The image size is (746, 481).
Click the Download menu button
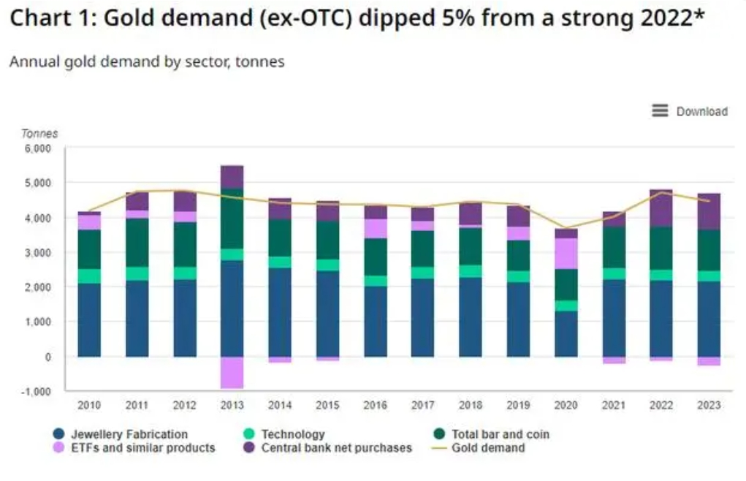690,111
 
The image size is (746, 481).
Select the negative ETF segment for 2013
232,372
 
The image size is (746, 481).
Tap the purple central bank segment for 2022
661,208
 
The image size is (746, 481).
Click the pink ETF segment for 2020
566,253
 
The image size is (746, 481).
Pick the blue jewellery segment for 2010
90,319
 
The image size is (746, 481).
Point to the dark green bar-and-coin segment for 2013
232,219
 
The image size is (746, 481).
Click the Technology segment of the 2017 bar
422,273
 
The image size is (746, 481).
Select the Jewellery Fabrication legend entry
121,434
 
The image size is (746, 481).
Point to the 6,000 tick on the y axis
37,148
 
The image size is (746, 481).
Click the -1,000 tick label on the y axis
36,392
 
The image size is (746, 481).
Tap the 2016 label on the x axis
375,404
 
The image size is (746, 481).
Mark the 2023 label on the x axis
707,404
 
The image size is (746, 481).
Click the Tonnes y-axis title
39,134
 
